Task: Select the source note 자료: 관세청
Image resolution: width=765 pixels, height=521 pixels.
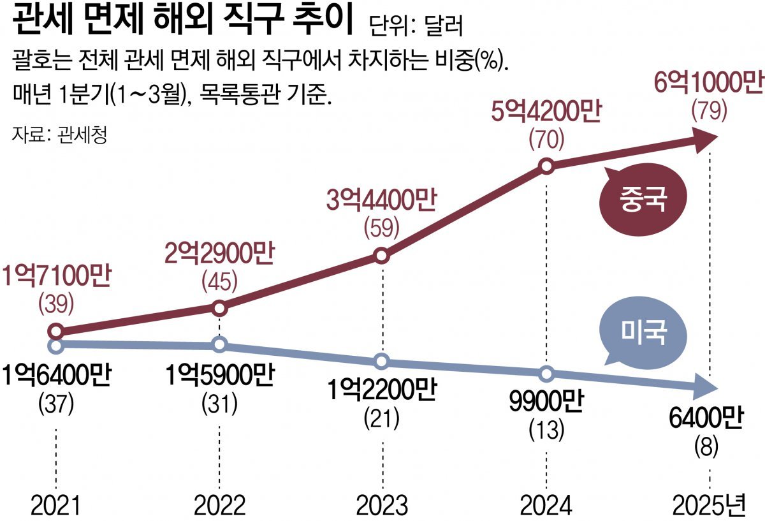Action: (x=59, y=135)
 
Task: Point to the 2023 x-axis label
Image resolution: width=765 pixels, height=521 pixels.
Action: (x=382, y=505)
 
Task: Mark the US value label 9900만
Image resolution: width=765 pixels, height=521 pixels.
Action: (x=546, y=403)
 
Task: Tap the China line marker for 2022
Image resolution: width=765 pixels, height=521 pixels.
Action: (x=219, y=308)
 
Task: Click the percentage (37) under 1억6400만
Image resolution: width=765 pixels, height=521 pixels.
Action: (x=56, y=402)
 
